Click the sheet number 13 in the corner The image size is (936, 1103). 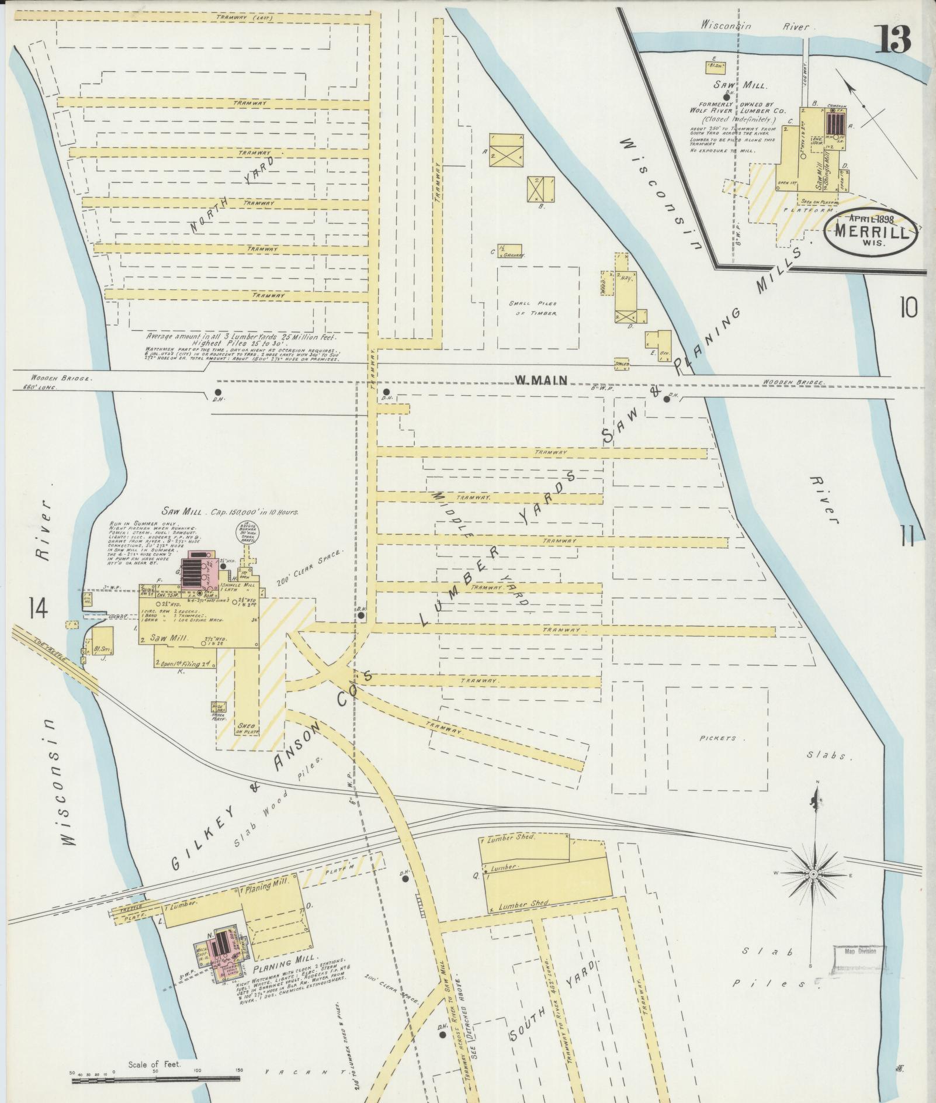(892, 40)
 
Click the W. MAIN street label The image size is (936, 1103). (540, 381)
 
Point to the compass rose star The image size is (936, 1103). (814, 873)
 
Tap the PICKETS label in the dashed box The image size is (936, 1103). (717, 738)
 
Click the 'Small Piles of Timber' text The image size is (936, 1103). (532, 308)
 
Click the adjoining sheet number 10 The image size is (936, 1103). (909, 307)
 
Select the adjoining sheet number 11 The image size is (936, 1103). (909, 535)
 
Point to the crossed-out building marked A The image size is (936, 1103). (506, 151)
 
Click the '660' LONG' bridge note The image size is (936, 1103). (39, 388)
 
